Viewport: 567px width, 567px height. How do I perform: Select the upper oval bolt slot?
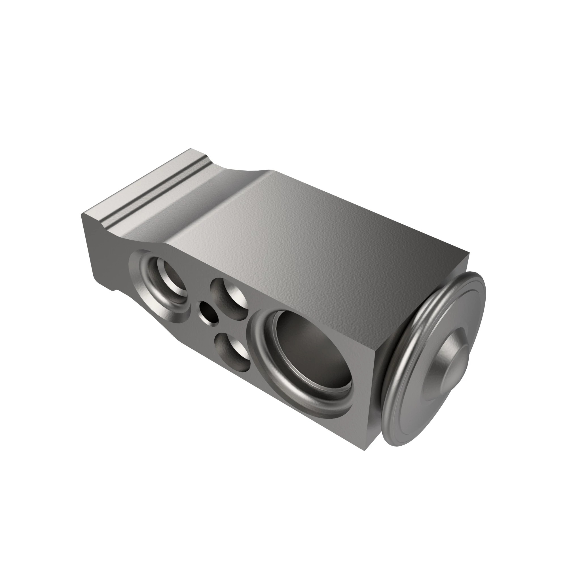pos(230,298)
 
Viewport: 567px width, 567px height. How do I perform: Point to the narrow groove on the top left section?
pos(153,191)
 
